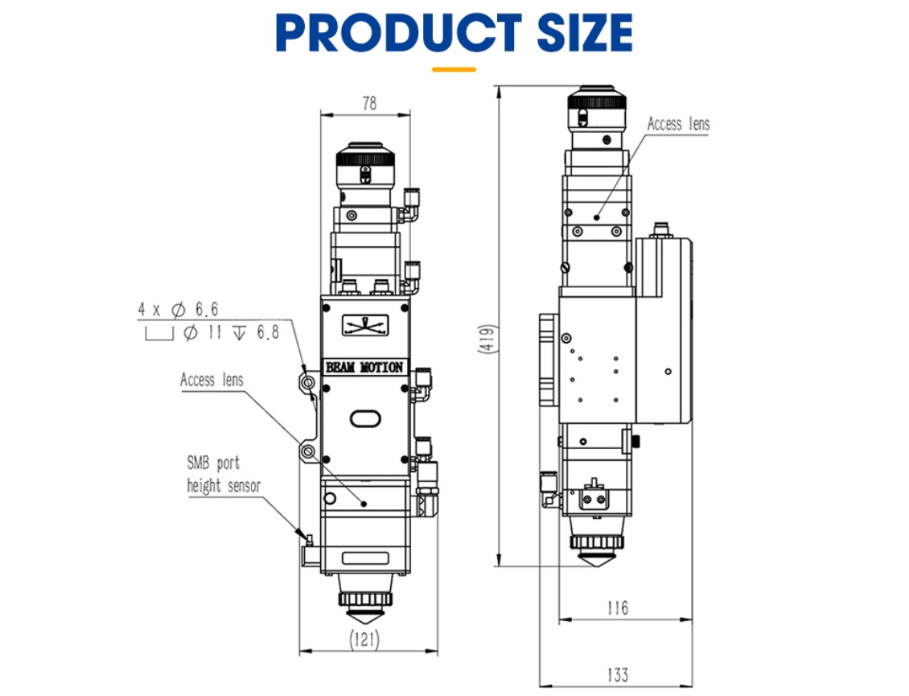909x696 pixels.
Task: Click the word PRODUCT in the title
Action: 399,32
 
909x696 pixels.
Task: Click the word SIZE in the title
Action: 585,32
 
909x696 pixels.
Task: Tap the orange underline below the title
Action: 454,69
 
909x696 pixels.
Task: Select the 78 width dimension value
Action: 369,103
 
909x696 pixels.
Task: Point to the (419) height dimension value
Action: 488,338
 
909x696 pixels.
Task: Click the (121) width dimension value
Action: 364,640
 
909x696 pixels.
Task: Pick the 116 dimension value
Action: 618,607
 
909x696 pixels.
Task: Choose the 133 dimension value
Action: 618,674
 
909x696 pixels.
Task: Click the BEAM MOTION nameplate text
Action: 364,367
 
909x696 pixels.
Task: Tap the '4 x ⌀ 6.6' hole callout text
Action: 178,310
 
